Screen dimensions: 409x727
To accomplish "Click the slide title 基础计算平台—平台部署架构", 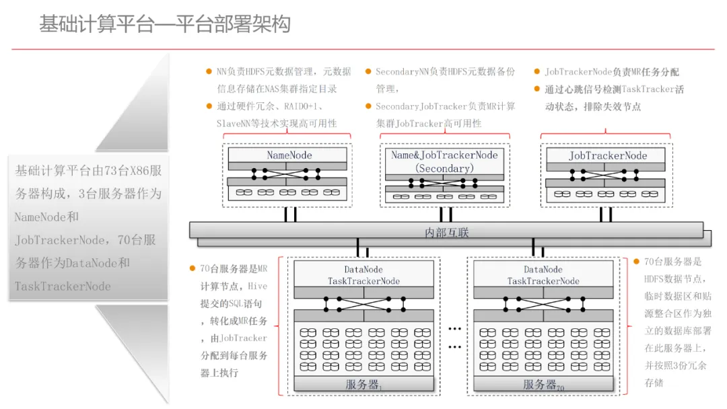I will pyautogui.click(x=165, y=25).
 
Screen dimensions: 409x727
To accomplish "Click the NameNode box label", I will pyautogui.click(x=289, y=155).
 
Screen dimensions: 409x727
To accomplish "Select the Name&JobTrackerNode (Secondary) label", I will pyautogui.click(x=444, y=161).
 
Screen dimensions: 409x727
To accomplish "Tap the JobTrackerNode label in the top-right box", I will pyautogui.click(x=608, y=155).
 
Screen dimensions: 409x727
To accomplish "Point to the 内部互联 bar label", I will pyautogui.click(x=447, y=233).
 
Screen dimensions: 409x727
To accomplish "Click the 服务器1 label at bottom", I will pyautogui.click(x=363, y=385).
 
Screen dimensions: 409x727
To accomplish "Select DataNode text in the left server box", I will pyautogui.click(x=363, y=270).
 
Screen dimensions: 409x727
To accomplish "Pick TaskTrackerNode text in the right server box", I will pyautogui.click(x=543, y=281).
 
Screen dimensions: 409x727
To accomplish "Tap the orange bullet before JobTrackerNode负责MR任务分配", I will pyautogui.click(x=537, y=71).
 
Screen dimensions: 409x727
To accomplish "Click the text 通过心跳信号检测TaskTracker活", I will pyautogui.click(x=614, y=89).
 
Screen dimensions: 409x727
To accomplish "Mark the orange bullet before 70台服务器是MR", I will pyautogui.click(x=193, y=268).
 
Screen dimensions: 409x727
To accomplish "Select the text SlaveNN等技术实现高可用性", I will pyautogui.click(x=277, y=123).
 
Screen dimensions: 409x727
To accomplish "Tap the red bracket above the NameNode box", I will pyautogui.click(x=287, y=135).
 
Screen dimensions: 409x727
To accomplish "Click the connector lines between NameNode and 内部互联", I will pyautogui.click(x=290, y=214).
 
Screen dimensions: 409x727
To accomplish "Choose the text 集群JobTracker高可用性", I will pyautogui.click(x=429, y=123).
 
